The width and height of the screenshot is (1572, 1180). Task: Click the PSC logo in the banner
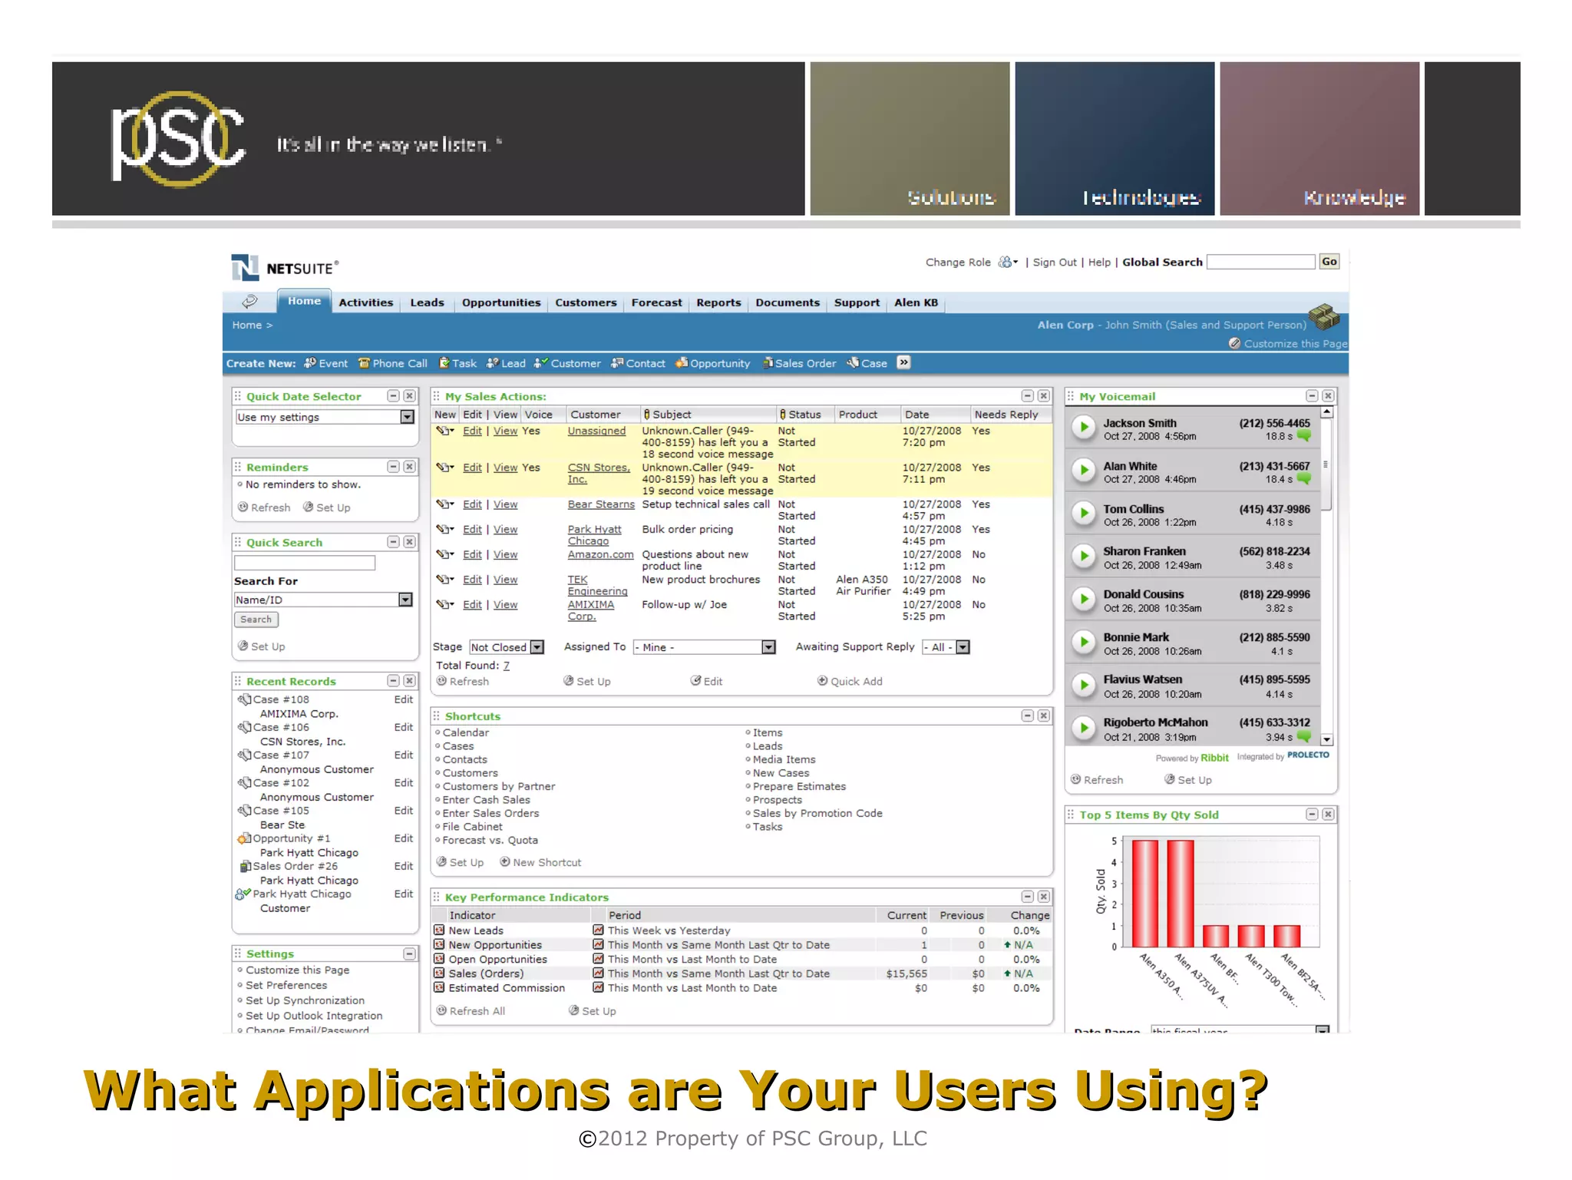click(178, 140)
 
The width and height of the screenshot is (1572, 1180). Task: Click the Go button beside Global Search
click(1329, 262)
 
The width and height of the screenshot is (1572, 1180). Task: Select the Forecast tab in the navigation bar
click(656, 302)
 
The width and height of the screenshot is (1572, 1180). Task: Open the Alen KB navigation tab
click(916, 302)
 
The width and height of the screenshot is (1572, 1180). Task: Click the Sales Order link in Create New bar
click(804, 363)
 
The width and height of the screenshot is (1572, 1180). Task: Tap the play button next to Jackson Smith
click(1083, 428)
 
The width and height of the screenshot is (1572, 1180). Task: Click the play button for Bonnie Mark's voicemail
click(1083, 643)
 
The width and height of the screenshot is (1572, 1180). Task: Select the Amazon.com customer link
click(600, 554)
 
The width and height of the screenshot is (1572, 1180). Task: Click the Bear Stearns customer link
click(601, 504)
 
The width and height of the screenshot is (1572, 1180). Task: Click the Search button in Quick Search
click(256, 620)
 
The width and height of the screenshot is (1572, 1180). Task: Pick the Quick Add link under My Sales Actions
click(856, 681)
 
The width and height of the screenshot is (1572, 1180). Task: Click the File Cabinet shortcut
click(472, 827)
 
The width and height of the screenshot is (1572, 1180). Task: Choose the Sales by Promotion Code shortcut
click(817, 813)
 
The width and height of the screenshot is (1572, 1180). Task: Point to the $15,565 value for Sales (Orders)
click(907, 973)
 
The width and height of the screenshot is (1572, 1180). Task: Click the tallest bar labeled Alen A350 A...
click(1144, 894)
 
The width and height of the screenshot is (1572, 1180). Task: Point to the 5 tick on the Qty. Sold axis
click(1115, 841)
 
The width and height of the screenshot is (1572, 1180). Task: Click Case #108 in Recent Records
click(281, 699)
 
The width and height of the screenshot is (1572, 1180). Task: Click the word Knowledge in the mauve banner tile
click(1354, 198)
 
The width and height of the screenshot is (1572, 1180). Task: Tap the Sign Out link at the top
click(1055, 263)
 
